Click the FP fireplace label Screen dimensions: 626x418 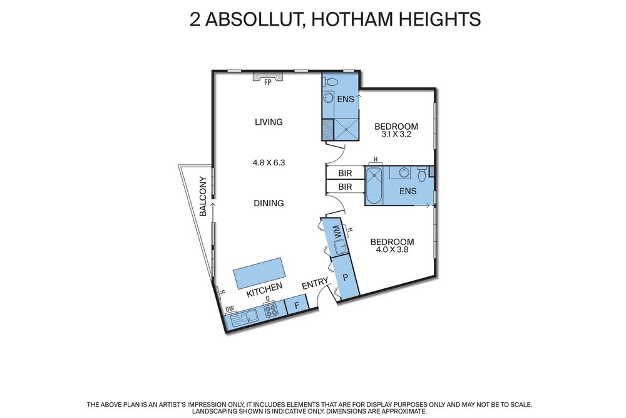coord(267,83)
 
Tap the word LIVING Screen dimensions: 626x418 coord(269,122)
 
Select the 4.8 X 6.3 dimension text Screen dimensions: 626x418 coord(269,163)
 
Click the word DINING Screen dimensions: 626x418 coord(269,203)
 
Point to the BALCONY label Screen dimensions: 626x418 coord(203,197)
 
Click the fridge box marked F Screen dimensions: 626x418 coord(297,305)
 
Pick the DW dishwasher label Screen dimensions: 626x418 coord(229,310)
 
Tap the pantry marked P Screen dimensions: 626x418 coord(346,277)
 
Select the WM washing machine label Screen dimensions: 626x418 coord(339,232)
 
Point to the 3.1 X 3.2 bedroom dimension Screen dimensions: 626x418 coord(396,134)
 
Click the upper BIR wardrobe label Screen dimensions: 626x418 coord(345,174)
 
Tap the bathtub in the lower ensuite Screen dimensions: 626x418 coord(374,186)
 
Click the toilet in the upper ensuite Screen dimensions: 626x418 coord(330,83)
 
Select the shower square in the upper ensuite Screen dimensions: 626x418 coord(346,129)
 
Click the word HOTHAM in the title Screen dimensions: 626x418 coord(346,19)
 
